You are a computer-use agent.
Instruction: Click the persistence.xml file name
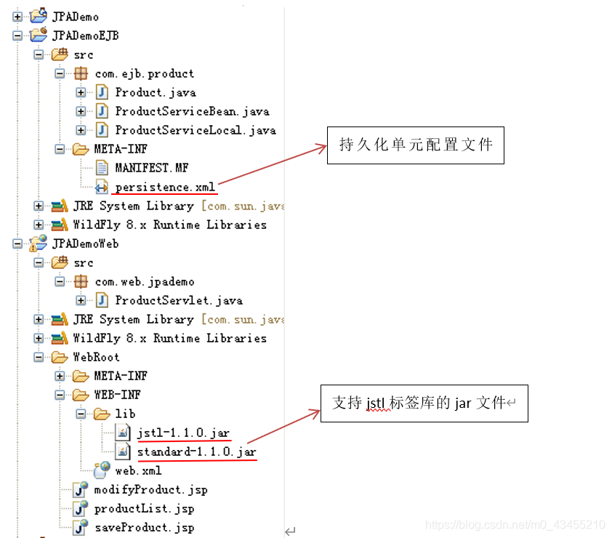[165, 187]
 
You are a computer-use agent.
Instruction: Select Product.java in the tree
[155, 92]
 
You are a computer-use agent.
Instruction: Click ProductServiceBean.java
[192, 111]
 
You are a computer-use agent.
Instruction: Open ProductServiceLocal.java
[195, 130]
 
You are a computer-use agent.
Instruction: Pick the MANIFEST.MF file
[151, 168]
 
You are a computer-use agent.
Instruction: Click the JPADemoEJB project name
[85, 36]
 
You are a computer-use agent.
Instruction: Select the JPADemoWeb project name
[85, 244]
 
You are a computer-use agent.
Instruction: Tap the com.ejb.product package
[144, 73]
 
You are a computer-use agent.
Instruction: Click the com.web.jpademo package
[144, 281]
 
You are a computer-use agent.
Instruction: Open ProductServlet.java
[178, 300]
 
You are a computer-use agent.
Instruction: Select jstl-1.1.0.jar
[183, 433]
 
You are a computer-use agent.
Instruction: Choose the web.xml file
[138, 470]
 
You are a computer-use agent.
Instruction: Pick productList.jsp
[144, 508]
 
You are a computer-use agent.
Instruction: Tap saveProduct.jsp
[144, 527]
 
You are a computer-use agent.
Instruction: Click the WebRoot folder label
[96, 357]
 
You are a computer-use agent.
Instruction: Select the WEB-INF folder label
[117, 395]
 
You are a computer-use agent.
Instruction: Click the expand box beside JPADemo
[17, 17]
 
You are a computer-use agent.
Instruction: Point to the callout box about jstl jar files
[424, 403]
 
